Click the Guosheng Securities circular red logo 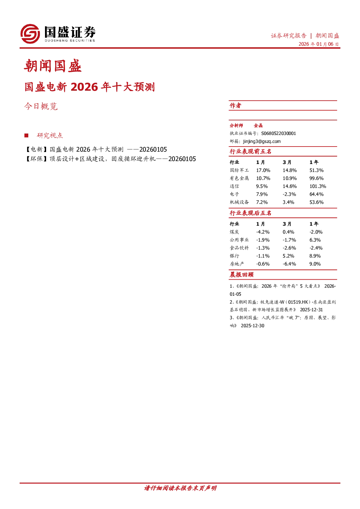[x=30, y=34]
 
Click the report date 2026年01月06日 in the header [x=318, y=44]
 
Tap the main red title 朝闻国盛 [x=53, y=66]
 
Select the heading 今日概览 [x=41, y=106]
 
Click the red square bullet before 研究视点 [x=26, y=135]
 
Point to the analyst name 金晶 [x=258, y=126]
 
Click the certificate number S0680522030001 [x=278, y=134]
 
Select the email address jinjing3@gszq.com [x=262, y=141]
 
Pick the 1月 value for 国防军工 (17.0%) [x=263, y=170]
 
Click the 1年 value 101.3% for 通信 [x=318, y=186]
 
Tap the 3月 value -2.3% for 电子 [x=289, y=194]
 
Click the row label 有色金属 [x=239, y=178]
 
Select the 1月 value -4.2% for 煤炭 [x=263, y=232]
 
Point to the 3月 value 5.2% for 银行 [x=289, y=256]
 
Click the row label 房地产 [x=237, y=264]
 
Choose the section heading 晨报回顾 [x=241, y=275]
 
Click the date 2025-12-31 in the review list [x=311, y=310]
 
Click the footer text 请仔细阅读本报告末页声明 [x=180, y=488]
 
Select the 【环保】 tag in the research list [x=36, y=159]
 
